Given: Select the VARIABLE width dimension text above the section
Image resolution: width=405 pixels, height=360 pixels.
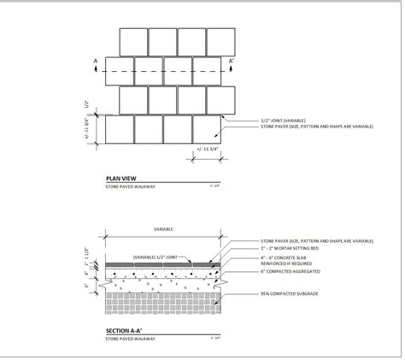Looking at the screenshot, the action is (164, 230).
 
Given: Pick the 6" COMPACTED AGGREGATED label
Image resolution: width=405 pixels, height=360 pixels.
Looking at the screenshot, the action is (291, 273).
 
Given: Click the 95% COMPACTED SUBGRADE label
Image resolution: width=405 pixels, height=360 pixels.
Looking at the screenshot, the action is (291, 293).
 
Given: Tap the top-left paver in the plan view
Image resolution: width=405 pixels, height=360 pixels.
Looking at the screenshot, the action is (133, 42).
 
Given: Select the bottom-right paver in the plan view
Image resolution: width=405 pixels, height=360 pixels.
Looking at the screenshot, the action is (206, 129).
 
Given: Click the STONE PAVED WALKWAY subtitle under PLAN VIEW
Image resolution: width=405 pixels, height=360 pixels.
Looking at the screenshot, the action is (128, 185).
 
